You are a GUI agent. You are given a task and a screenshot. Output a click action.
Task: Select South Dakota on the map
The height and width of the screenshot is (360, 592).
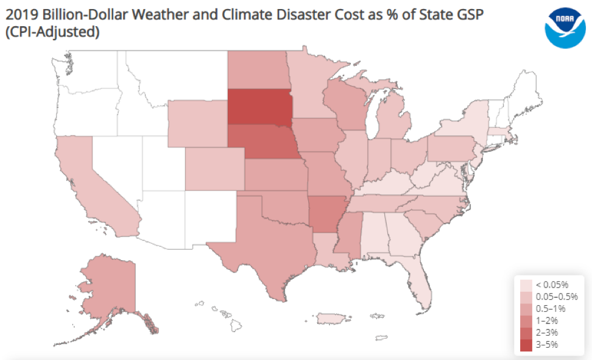(259, 108)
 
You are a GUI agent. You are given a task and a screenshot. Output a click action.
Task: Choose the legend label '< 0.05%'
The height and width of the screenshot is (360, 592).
(552, 284)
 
